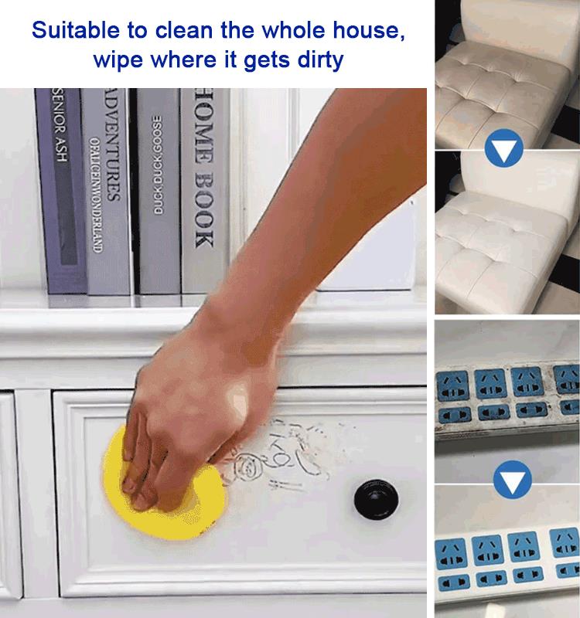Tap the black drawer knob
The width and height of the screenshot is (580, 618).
tap(373, 498)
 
